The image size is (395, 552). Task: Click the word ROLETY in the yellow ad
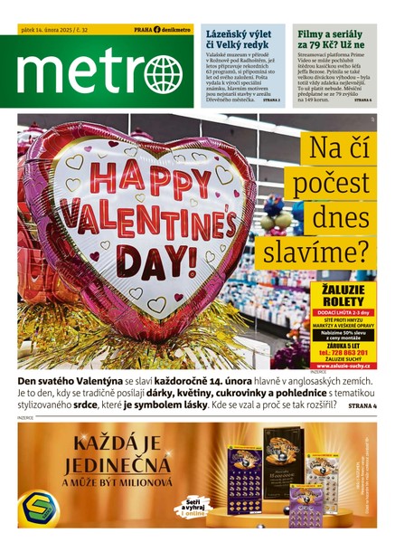(343, 299)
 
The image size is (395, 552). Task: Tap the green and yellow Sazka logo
(42, 509)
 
